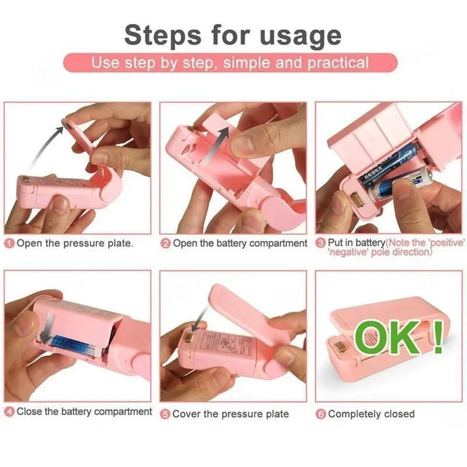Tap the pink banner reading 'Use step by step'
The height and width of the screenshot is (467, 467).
coord(229,63)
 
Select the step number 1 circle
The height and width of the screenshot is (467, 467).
coord(9,244)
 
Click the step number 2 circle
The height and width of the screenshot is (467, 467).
coord(165,244)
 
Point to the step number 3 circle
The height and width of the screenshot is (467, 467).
coord(321,244)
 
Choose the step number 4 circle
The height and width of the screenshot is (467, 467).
coord(9,412)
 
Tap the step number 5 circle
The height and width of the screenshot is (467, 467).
coord(165,414)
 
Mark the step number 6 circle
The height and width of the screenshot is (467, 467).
coord(321,414)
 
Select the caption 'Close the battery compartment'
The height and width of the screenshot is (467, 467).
coord(84,412)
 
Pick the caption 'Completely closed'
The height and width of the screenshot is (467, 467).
coord(371,414)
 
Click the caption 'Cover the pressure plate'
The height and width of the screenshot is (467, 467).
coord(230,414)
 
